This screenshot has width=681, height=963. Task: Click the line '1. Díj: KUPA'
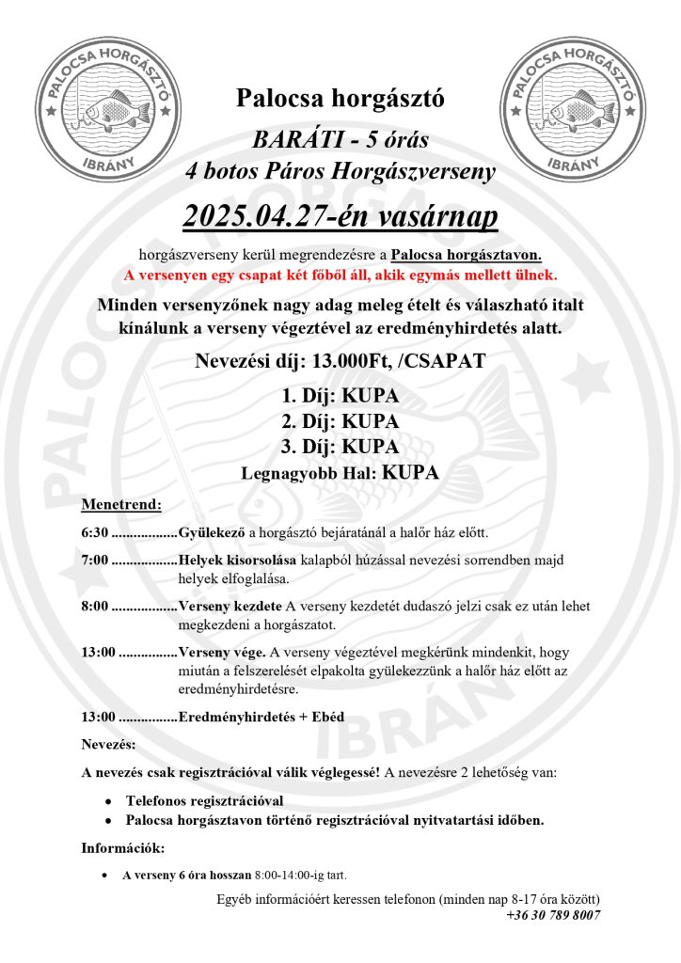[340, 397]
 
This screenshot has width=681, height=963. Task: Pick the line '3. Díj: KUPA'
[340, 448]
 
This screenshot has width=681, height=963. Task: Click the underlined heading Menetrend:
[121, 504]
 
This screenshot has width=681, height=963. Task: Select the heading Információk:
[123, 848]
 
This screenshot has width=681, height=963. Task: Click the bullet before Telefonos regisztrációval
[110, 801]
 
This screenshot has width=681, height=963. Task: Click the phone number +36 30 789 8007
[553, 914]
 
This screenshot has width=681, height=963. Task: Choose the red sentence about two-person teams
[340, 276]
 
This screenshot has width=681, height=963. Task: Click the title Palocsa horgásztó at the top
[340, 97]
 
